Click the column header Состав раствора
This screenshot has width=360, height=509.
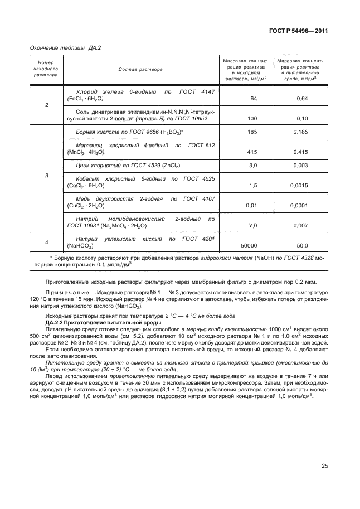tap(140, 70)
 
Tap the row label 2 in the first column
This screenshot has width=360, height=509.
tap(46, 105)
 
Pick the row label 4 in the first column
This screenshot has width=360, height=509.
tap(46, 241)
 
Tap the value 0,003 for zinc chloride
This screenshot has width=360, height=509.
tap(302, 166)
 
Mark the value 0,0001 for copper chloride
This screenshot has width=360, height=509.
tap(302, 205)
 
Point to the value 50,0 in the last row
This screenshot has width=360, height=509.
tap(302, 245)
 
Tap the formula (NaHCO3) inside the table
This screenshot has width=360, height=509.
tap(80, 246)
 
